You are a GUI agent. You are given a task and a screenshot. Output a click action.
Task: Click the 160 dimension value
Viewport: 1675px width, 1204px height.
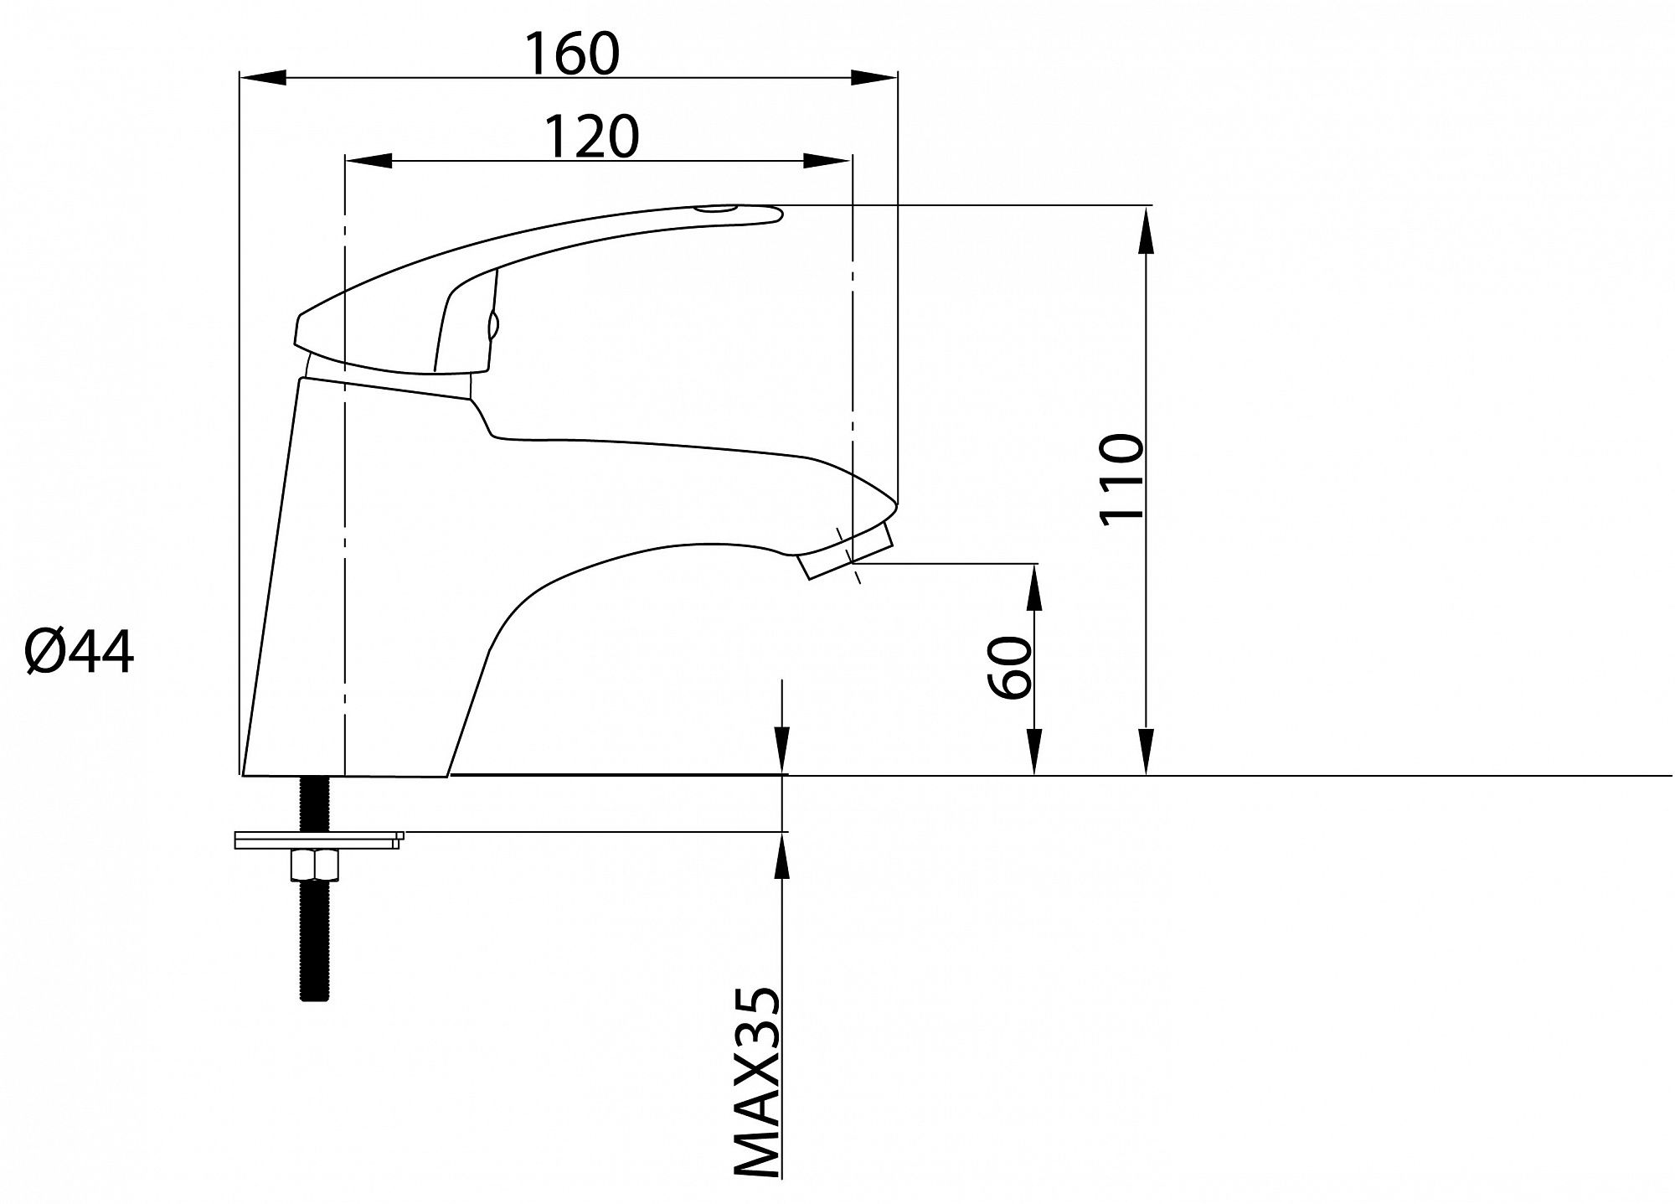(572, 54)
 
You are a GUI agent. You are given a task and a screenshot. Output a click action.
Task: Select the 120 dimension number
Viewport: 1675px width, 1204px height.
(592, 136)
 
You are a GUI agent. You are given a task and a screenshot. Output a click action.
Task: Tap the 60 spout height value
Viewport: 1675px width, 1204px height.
(1009, 667)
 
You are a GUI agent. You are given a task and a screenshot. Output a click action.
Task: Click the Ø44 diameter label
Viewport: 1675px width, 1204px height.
(80, 652)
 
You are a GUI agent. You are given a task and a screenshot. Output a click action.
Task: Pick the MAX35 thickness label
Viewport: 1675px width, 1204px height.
(757, 1083)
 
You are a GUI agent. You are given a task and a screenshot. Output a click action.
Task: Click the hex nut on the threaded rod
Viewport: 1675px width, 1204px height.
(315, 865)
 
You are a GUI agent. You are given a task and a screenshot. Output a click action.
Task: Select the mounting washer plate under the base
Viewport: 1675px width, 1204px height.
(319, 840)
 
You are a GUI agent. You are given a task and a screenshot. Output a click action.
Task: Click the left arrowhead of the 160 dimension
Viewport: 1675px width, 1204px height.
(263, 78)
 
